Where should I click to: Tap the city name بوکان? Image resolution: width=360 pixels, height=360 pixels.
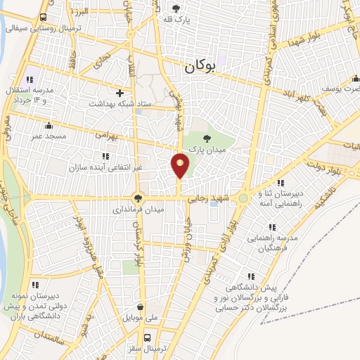pyautogui.click(x=199, y=68)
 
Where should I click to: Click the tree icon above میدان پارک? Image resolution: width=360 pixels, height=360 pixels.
pyautogui.click(x=207, y=139)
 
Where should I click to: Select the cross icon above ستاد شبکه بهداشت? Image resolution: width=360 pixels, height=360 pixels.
pyautogui.click(x=120, y=93)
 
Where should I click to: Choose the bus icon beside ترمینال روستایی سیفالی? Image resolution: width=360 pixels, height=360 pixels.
pyautogui.click(x=44, y=18)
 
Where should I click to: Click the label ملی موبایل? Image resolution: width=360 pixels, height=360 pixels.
pyautogui.click(x=141, y=318)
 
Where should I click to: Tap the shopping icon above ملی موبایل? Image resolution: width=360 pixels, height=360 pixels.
pyautogui.click(x=141, y=307)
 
